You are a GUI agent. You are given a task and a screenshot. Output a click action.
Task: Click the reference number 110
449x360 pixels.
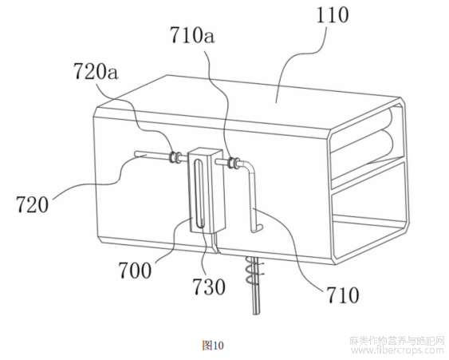point(333,14)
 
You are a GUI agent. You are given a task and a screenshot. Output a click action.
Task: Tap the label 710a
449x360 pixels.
point(192,36)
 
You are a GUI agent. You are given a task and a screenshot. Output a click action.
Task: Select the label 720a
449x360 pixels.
point(96,71)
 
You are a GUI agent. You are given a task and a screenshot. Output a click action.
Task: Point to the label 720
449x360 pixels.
point(32,204)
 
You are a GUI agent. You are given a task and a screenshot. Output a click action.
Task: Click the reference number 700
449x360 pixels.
point(135,271)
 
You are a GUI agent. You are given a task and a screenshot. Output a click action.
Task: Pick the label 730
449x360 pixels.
point(209,287)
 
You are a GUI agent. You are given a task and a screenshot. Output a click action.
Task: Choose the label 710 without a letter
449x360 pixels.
point(342,295)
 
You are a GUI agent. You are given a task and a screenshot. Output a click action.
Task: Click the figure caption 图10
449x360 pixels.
point(213,345)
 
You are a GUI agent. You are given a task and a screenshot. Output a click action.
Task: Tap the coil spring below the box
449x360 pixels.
point(254,271)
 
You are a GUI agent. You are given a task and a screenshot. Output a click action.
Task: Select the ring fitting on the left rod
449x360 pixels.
point(175,156)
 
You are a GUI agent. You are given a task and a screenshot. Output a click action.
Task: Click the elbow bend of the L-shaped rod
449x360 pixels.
point(250,167)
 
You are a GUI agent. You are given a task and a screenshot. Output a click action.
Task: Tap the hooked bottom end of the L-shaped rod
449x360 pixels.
point(257,228)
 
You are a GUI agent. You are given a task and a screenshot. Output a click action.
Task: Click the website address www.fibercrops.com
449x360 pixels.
point(396,350)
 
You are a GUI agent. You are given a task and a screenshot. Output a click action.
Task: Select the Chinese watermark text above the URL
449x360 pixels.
point(396,340)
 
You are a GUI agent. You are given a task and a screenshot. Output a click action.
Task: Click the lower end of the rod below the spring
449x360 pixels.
point(256,313)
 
